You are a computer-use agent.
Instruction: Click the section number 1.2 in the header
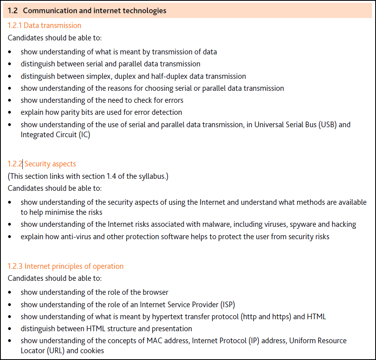pos(13,11)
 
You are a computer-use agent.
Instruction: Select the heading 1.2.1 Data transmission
pos(44,26)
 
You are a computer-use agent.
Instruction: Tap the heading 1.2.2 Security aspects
pos(42,164)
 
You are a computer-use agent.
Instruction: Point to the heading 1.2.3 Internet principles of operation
pos(66,266)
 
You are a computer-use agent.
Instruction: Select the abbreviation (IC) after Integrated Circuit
pos(83,135)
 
